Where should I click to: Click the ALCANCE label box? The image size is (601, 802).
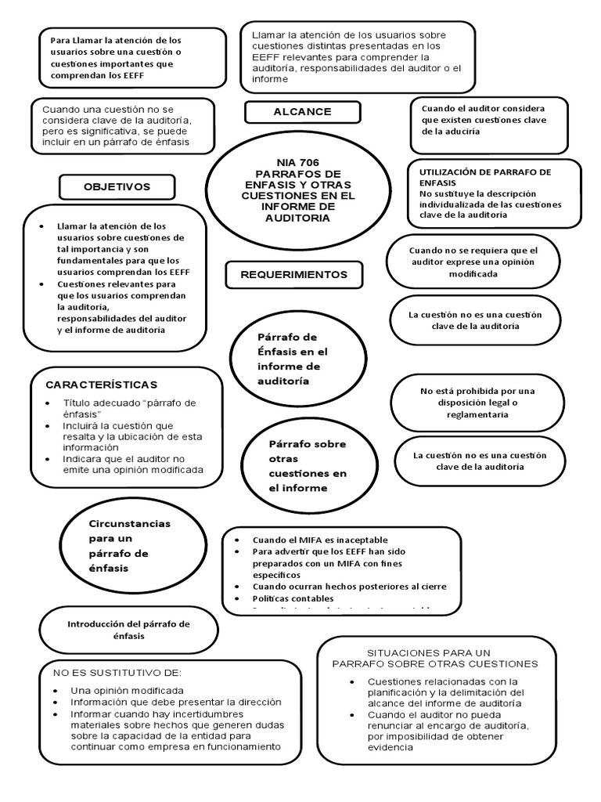(302, 112)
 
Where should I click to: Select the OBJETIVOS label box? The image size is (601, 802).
(117, 186)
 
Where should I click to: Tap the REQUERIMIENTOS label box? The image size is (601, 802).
(293, 275)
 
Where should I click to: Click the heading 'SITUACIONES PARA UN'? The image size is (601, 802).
(428, 652)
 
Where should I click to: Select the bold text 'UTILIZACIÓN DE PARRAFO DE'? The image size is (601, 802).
(485, 171)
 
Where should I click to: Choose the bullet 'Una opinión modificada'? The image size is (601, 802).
(127, 691)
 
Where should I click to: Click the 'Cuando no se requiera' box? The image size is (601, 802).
(473, 262)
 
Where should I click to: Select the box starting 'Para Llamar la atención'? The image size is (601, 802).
(132, 58)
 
